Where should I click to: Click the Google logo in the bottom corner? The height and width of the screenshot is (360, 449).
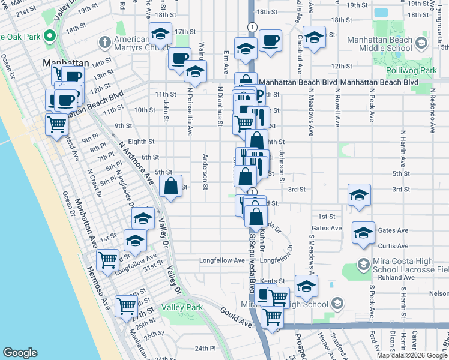(x=20, y=353)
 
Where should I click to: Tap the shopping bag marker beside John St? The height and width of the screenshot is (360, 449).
(x=171, y=186)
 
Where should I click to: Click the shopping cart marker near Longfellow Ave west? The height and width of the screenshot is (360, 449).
(x=107, y=260)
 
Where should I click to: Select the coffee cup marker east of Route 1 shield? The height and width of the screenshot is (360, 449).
(x=270, y=40)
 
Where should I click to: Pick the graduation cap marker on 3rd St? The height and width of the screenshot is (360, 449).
(x=359, y=195)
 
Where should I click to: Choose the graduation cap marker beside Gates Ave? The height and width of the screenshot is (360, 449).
(x=363, y=233)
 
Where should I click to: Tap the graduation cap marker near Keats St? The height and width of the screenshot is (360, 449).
(x=306, y=286)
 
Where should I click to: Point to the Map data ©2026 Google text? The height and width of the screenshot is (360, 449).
(x=412, y=355)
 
